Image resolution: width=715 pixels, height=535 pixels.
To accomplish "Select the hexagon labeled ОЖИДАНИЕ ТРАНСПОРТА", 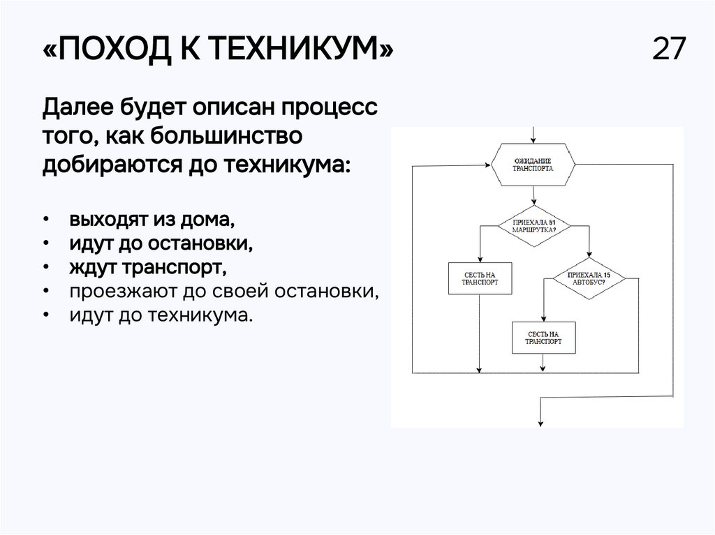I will (533, 165).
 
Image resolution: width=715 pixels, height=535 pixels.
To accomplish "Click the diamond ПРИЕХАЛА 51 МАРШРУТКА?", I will (534, 225).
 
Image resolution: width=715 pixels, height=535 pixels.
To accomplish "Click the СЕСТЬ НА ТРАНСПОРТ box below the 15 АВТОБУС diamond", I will (543, 338).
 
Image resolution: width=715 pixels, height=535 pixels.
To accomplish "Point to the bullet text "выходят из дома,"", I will (152, 220).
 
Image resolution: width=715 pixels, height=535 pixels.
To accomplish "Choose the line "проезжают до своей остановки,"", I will (224, 291).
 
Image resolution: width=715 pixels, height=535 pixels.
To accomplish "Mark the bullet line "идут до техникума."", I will (159, 315).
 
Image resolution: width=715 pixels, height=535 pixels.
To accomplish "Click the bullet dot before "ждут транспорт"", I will (45, 268).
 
